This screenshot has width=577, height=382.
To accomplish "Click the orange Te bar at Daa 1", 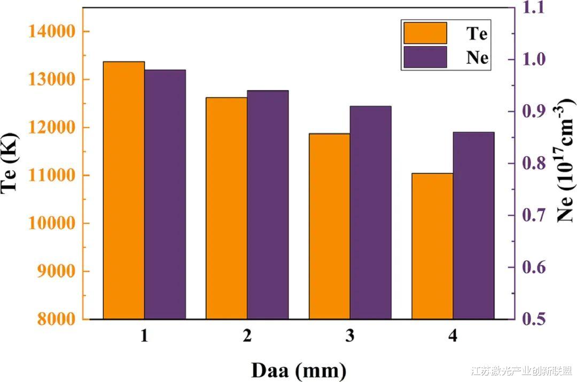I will click(x=124, y=190).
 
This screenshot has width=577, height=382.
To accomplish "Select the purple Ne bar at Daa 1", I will click(x=165, y=194).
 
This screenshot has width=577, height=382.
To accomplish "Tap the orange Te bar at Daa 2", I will click(x=227, y=208).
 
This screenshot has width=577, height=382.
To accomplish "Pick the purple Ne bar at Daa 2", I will click(x=268, y=205).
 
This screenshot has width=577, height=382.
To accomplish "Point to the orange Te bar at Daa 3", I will click(x=330, y=226).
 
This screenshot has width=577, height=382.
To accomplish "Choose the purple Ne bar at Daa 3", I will click(x=371, y=213).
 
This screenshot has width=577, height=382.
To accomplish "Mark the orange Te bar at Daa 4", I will click(x=432, y=246).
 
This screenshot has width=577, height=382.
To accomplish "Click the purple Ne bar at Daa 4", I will click(x=473, y=225).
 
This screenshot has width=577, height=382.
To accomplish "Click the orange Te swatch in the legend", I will click(x=425, y=33).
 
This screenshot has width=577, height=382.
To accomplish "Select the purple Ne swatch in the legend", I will click(x=425, y=57).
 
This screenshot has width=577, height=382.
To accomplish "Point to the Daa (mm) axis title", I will click(x=299, y=369).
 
